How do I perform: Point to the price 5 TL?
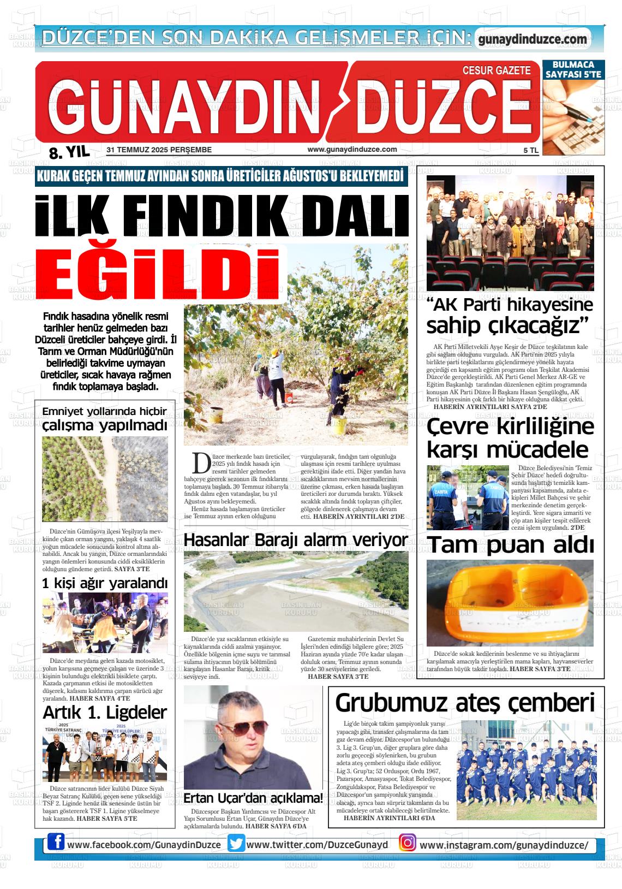(530, 150)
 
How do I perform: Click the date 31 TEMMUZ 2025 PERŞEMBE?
(159, 150)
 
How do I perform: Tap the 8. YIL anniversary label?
(69, 152)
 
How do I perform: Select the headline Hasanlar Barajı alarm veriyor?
(296, 540)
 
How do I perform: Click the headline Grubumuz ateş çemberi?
(465, 703)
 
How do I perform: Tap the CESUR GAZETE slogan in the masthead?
(496, 71)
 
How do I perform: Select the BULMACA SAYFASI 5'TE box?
(574, 69)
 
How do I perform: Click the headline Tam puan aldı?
(510, 545)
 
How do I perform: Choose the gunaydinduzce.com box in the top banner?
(533, 39)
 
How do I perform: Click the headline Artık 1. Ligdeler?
(105, 713)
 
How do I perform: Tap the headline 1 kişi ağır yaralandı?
(105, 584)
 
